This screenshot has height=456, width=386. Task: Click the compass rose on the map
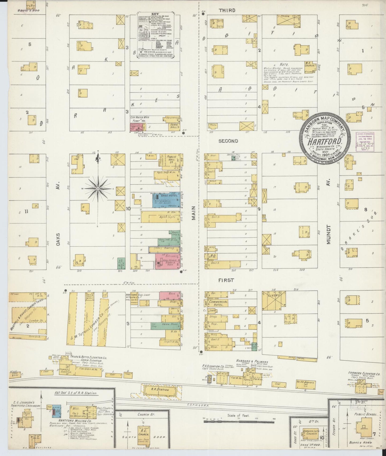tap(98, 189)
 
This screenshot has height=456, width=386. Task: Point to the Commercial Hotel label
tap(218, 303)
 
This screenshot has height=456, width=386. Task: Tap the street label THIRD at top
tap(227, 10)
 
